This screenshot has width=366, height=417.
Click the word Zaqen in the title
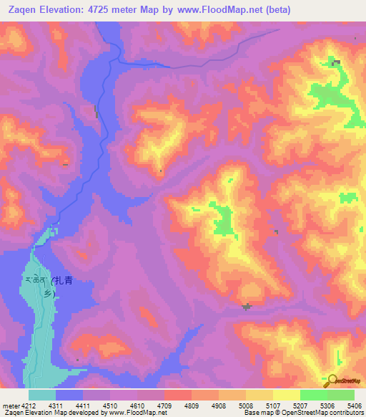pos(22,10)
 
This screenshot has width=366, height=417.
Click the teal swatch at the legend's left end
pos(42,395)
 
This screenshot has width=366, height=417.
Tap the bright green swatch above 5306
pos(314,395)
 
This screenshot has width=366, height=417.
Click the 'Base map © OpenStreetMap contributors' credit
pos(303,413)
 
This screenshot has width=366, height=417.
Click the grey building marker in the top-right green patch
pos(335,63)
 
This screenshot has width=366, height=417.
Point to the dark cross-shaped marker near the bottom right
pos(247,307)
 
